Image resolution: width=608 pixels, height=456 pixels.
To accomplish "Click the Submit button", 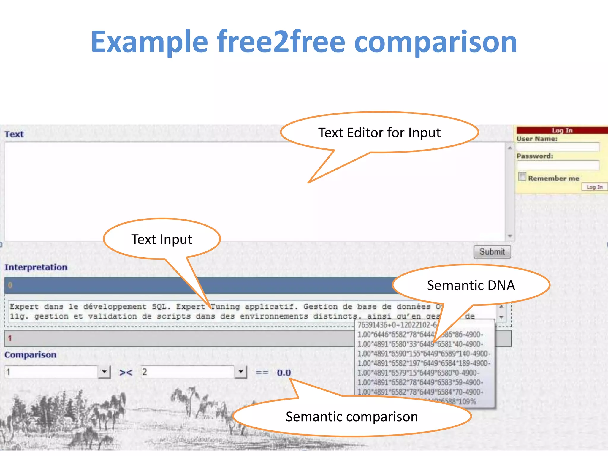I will [x=492, y=252].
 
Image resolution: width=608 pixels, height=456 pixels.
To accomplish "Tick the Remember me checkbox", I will [x=522, y=176].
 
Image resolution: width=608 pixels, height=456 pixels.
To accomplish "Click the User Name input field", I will [x=558, y=147].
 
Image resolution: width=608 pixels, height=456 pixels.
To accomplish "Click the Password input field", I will [x=558, y=165].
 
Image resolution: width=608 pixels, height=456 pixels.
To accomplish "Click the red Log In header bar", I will [x=562, y=130].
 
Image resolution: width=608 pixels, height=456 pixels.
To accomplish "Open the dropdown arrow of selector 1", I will [x=104, y=372].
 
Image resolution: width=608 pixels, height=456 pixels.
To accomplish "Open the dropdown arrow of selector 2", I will [x=241, y=372].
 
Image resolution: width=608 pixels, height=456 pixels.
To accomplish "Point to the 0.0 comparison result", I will [x=284, y=373].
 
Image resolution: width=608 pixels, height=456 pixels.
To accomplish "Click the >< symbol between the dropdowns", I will [x=126, y=372].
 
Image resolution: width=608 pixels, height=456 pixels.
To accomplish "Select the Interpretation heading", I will [x=36, y=267].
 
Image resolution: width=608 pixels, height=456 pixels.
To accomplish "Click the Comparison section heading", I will [x=30, y=355].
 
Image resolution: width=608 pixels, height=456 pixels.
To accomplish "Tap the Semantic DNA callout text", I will [x=471, y=285].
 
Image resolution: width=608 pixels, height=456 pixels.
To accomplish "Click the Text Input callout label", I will [x=162, y=239].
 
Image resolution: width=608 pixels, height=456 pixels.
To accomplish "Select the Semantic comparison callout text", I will [x=352, y=417].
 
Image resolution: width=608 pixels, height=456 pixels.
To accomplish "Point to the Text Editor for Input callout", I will [x=379, y=133].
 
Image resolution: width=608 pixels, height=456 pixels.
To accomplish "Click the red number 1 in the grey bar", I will [x=10, y=338].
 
